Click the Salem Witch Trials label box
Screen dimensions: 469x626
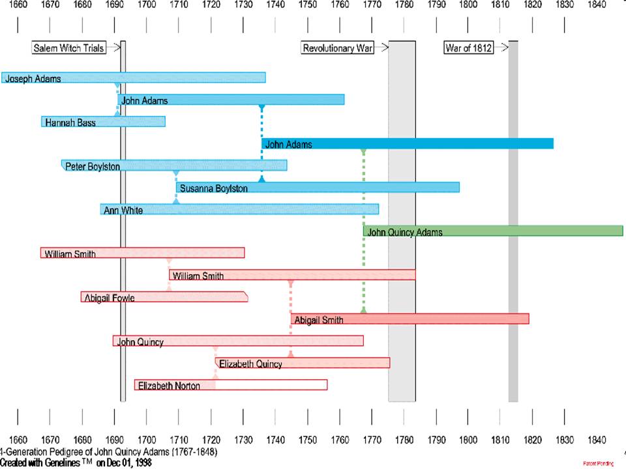click(x=68, y=48)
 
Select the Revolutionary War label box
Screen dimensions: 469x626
click(x=337, y=48)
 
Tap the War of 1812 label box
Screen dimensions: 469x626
click(x=468, y=48)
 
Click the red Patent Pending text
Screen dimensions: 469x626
click(x=599, y=463)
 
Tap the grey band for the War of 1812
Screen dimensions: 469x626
click(x=513, y=221)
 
